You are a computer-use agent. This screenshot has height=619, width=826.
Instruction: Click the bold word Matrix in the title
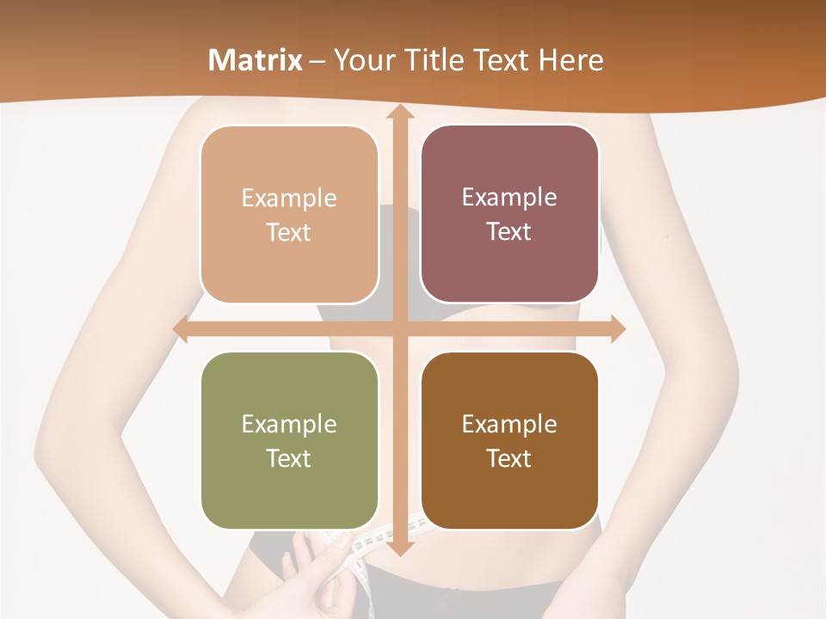(256, 60)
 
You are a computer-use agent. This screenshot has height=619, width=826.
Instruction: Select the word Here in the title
(570, 60)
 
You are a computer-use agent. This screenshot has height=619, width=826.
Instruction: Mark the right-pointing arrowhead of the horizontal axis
(617, 329)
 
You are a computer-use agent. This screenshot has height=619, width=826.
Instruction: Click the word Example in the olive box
(289, 424)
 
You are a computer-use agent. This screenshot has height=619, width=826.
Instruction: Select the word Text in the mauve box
(509, 232)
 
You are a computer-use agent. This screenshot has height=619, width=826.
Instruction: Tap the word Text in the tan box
(289, 233)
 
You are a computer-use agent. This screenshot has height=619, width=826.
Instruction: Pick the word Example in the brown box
(509, 424)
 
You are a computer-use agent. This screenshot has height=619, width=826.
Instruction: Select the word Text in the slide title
(499, 60)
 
